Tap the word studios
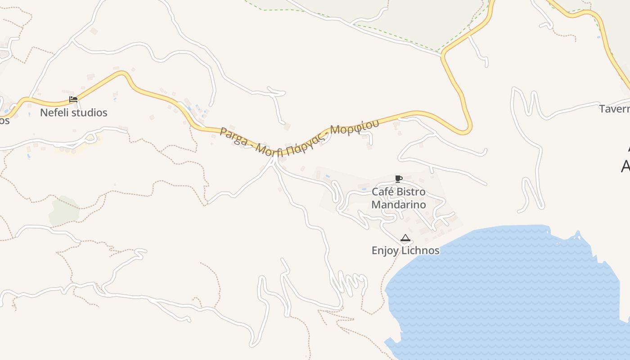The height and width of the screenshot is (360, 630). [90, 112]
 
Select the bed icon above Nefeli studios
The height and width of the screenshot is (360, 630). [73, 99]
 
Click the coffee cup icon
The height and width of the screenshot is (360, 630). [398, 179]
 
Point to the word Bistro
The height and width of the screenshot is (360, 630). [411, 192]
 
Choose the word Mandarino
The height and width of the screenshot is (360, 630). [398, 205]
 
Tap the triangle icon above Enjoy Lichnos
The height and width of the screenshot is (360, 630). [405, 238]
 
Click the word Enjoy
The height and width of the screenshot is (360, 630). [385, 251]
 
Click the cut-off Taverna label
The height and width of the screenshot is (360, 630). [615, 109]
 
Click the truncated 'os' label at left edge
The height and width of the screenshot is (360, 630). [4, 121]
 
